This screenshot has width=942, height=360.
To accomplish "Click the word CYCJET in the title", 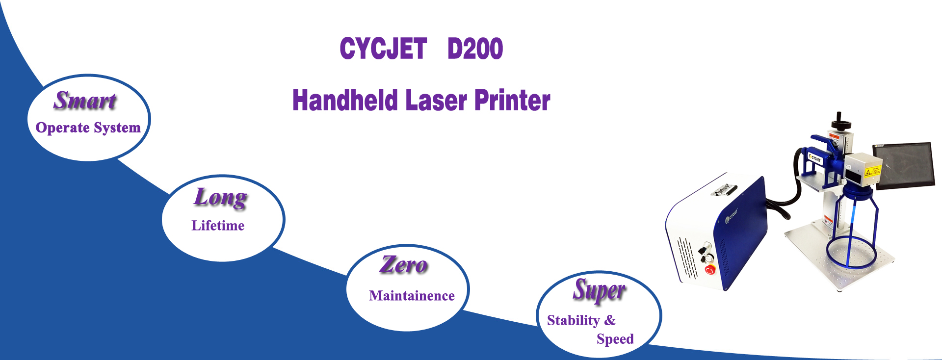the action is point(383,49).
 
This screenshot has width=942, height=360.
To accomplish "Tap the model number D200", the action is point(475,49).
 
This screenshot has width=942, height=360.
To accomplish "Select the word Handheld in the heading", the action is point(345,100).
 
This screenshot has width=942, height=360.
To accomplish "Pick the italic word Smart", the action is point(85,101).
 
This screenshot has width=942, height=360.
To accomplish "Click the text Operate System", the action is point(88,128).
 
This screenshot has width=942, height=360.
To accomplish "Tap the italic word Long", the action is point(221,198).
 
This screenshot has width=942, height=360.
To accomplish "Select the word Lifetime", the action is point(218,226).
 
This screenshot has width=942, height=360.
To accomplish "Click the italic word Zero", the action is point(404,265).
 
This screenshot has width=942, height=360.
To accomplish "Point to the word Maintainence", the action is point(412,296).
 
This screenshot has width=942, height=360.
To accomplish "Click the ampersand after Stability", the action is point(610,320).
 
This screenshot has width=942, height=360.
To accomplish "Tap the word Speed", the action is point(615,339).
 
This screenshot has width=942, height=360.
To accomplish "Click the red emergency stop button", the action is point(709,269).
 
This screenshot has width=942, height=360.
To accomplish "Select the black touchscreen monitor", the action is point(904,166).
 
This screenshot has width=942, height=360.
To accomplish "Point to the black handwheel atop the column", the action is point(839,119).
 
